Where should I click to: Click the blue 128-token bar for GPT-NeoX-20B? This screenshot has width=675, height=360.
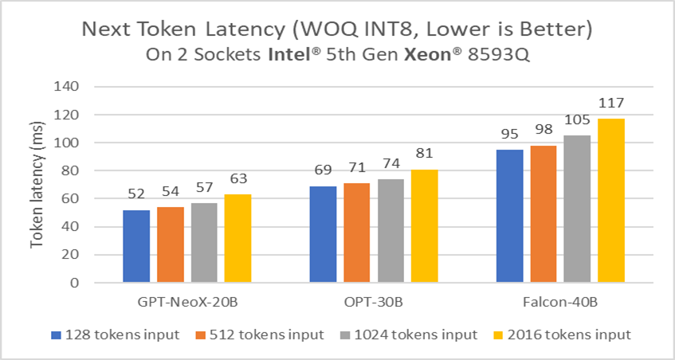pos(136,246)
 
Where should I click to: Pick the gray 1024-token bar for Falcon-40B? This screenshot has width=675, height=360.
pos(578,209)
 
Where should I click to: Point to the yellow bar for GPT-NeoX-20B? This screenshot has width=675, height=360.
pos(237,238)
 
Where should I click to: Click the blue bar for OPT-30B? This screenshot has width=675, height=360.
pos(323,234)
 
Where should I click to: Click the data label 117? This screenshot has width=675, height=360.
pos(612,104)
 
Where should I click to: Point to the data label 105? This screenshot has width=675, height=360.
pos(578,120)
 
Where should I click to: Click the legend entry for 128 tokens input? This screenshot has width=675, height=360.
pos(117,335)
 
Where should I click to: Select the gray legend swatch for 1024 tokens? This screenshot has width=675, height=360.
pos(344,335)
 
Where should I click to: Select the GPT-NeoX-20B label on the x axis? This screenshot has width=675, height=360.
pos(187,305)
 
